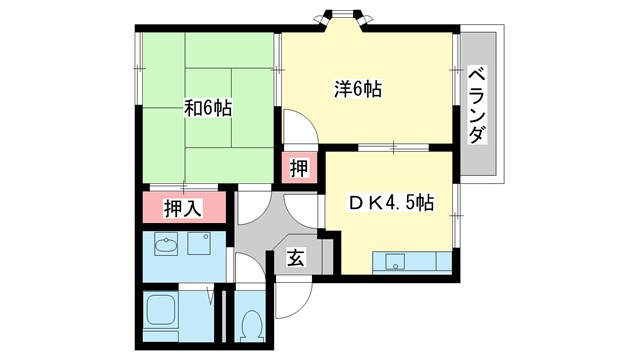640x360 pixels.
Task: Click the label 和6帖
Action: [x=207, y=109]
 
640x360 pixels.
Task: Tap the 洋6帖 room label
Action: [x=357, y=89]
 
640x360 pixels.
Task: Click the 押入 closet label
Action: [x=183, y=209]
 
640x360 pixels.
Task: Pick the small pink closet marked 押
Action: [x=298, y=167]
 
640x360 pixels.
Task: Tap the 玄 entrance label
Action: [x=297, y=258]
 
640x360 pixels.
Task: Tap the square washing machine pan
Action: [x=199, y=246]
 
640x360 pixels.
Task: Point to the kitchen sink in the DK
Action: [x=395, y=264]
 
